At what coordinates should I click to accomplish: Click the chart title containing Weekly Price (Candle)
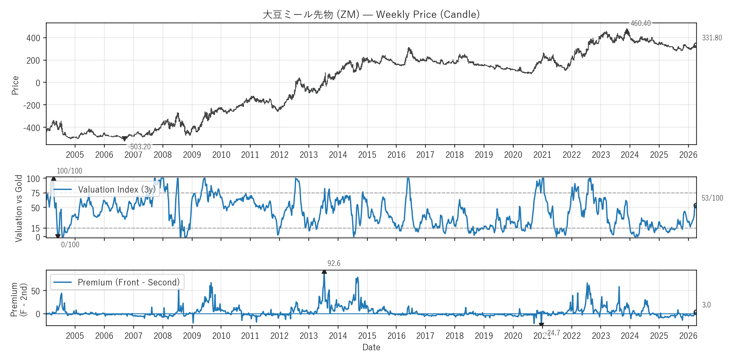click(371, 14)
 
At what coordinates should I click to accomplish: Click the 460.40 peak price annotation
click(641, 23)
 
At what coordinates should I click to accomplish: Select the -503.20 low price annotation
click(139, 147)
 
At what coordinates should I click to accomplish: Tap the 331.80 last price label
click(712, 38)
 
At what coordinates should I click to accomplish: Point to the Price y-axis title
click(16, 85)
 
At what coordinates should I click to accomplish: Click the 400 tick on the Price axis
click(34, 38)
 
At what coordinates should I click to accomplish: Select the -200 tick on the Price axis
click(32, 105)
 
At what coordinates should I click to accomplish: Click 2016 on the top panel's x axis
click(396, 155)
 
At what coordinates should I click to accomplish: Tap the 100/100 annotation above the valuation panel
click(70, 171)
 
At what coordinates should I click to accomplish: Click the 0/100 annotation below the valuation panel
click(70, 245)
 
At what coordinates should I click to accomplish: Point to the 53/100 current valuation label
click(712, 198)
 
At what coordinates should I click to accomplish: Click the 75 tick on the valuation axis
click(36, 193)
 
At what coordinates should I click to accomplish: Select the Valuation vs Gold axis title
click(19, 208)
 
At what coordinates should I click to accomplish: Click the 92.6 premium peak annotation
click(334, 263)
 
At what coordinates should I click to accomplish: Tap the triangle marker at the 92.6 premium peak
click(324, 272)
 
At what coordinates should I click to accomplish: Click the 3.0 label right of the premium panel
click(706, 305)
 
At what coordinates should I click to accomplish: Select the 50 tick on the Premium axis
click(36, 291)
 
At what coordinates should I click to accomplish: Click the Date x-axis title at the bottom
click(371, 347)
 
